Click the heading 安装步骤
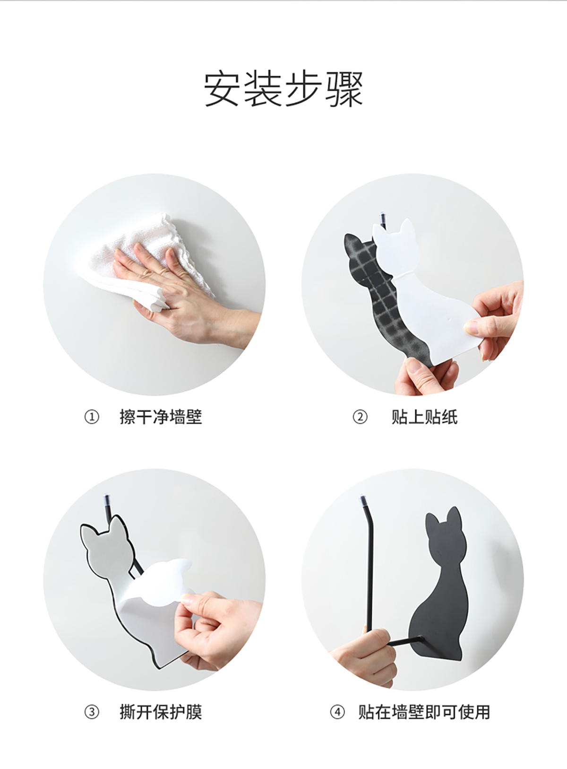(x=283, y=89)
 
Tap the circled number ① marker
(x=92, y=417)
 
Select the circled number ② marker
(x=360, y=417)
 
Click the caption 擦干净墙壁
(x=161, y=417)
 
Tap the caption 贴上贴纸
(x=425, y=417)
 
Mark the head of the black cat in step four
(x=445, y=531)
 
